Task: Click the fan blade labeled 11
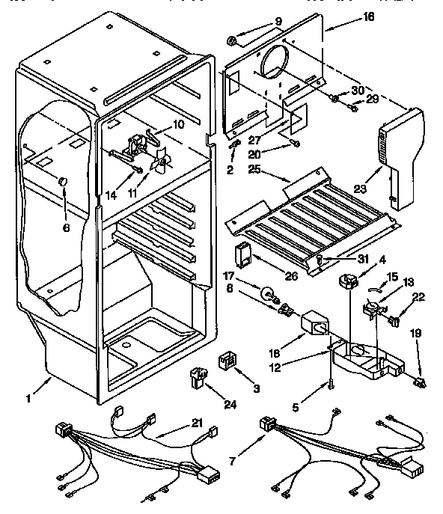point(160,162)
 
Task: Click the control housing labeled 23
point(397,157)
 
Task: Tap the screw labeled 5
point(332,385)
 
